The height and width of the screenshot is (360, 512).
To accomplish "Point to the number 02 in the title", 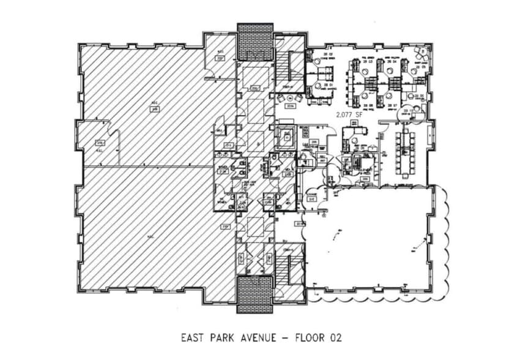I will coord(335,337).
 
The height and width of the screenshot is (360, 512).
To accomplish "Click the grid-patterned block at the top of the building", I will coord(254,42).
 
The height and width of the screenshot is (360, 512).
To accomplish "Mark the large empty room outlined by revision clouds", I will coord(373,239).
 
